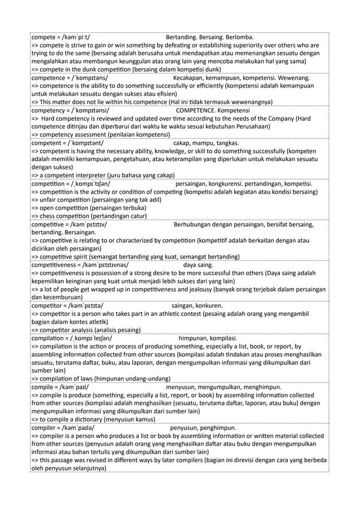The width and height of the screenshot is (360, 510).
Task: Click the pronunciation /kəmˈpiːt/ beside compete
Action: coord(78,38)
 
